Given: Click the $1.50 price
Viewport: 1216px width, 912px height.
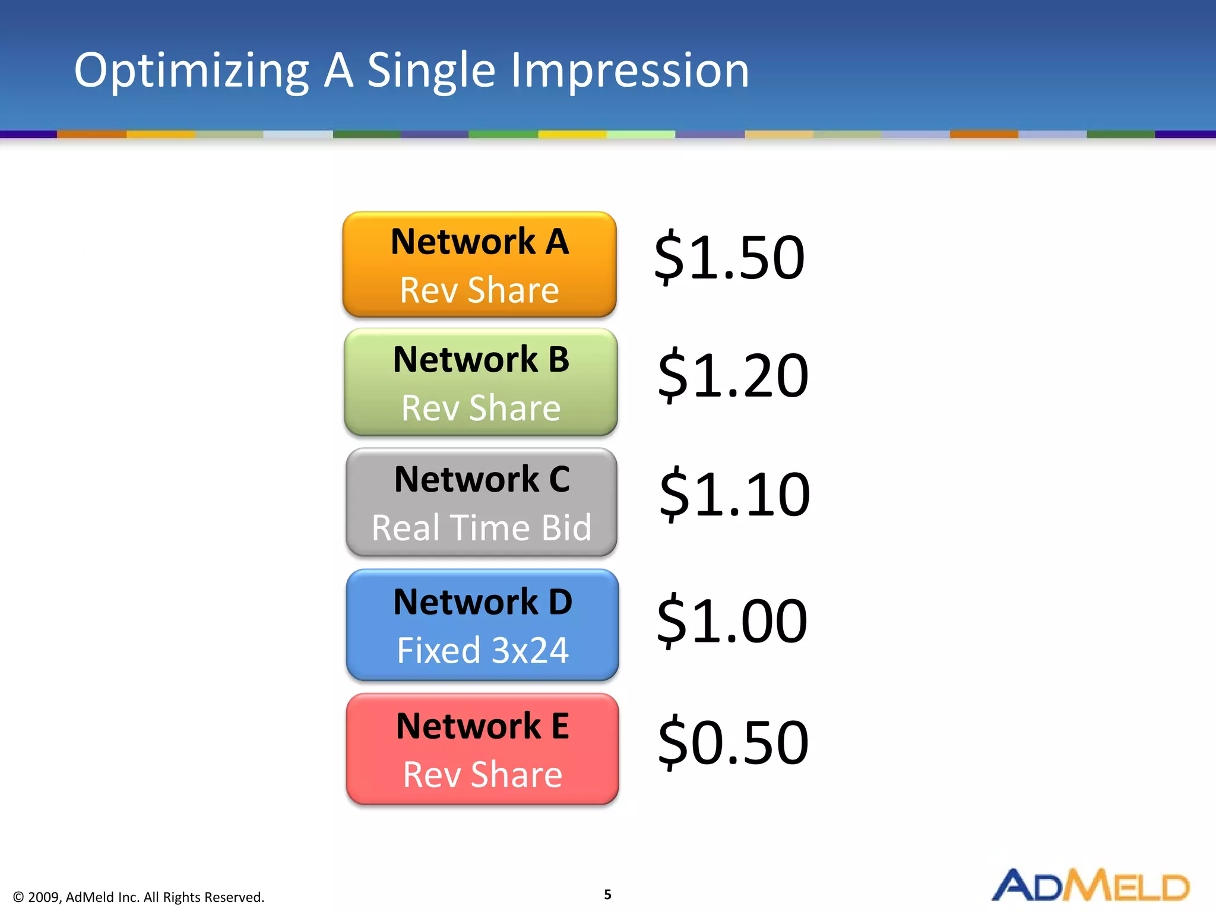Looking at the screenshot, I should click(729, 258).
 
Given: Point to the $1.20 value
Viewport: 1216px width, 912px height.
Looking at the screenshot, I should click(733, 375).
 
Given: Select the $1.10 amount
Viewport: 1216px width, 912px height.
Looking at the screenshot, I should click(734, 494).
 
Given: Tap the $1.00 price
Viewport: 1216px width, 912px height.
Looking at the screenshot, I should click(731, 621).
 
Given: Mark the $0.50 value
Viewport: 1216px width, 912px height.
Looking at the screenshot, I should click(733, 742).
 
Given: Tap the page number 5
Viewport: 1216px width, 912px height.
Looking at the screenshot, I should click(607, 895).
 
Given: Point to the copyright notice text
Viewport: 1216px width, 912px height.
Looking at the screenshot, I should click(138, 897).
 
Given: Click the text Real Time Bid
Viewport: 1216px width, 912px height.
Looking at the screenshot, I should click(482, 527).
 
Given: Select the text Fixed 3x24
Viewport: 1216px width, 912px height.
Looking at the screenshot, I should click(482, 650).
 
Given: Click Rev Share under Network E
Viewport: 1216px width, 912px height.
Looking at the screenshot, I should click(482, 775).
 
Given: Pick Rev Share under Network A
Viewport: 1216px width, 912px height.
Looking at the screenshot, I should click(479, 290).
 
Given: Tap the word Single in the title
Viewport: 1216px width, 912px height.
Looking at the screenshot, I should click(431, 71).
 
